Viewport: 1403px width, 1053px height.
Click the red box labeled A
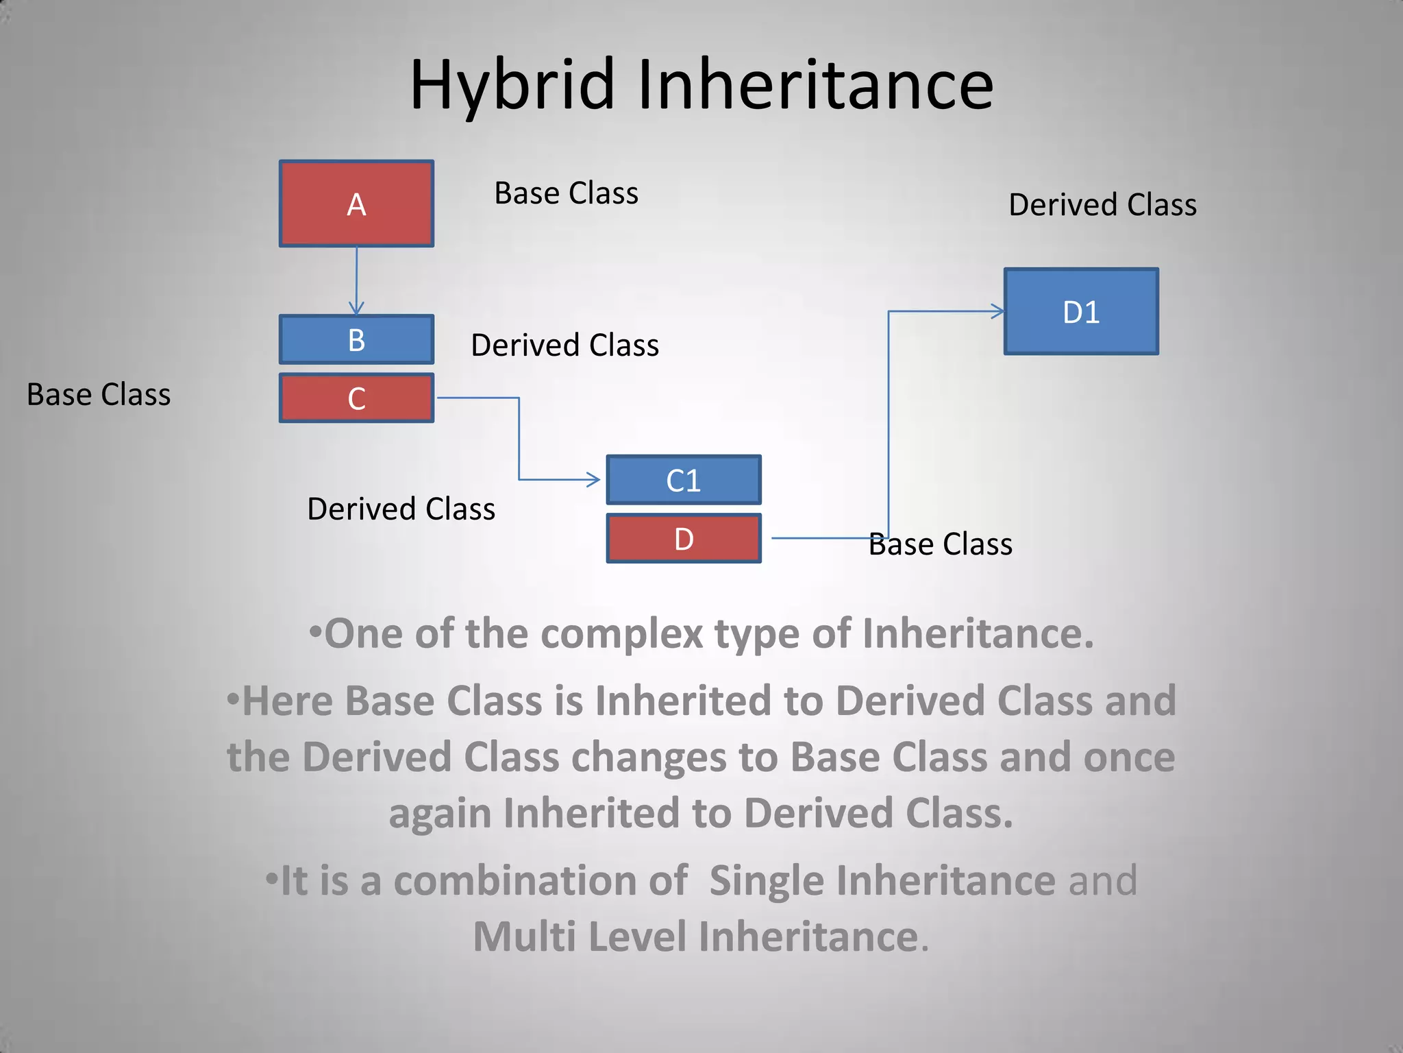pyautogui.click(x=356, y=204)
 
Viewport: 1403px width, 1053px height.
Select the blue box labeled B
pyautogui.click(x=356, y=339)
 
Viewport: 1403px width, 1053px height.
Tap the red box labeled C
pyautogui.click(x=356, y=398)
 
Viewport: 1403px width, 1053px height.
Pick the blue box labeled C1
pyautogui.click(x=683, y=480)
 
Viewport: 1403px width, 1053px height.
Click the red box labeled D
pyautogui.click(x=683, y=539)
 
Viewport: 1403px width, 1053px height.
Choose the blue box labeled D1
pyautogui.click(x=1081, y=312)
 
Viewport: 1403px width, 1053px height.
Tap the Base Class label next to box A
pyautogui.click(x=566, y=193)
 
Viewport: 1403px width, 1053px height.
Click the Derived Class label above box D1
pyautogui.click(x=1102, y=205)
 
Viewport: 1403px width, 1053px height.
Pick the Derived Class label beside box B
pyautogui.click(x=564, y=345)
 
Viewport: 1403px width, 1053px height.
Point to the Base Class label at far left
pyautogui.click(x=99, y=395)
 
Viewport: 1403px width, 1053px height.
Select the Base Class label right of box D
pyautogui.click(x=940, y=544)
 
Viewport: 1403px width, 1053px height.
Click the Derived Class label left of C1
pyautogui.click(x=401, y=509)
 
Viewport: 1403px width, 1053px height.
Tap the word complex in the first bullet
pyautogui.click(x=621, y=633)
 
